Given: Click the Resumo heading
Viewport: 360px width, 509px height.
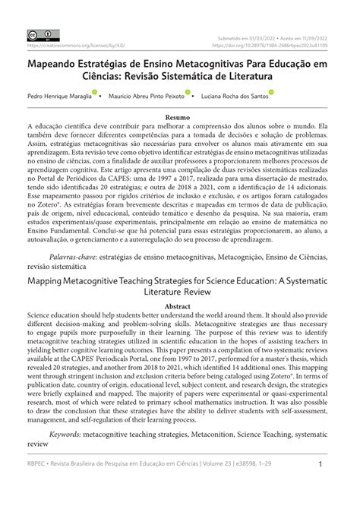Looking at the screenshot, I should click(179, 117).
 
